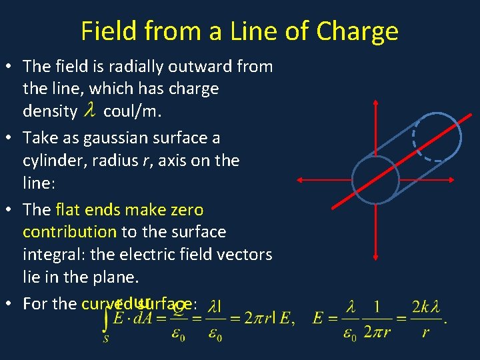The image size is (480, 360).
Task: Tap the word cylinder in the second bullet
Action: [x=51, y=161]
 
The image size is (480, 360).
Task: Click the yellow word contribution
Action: [x=69, y=232]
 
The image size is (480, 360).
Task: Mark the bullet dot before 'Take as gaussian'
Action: [x=13, y=138]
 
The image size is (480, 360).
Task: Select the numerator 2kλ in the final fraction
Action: [x=425, y=307]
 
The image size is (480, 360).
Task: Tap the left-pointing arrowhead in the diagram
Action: [x=300, y=179]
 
